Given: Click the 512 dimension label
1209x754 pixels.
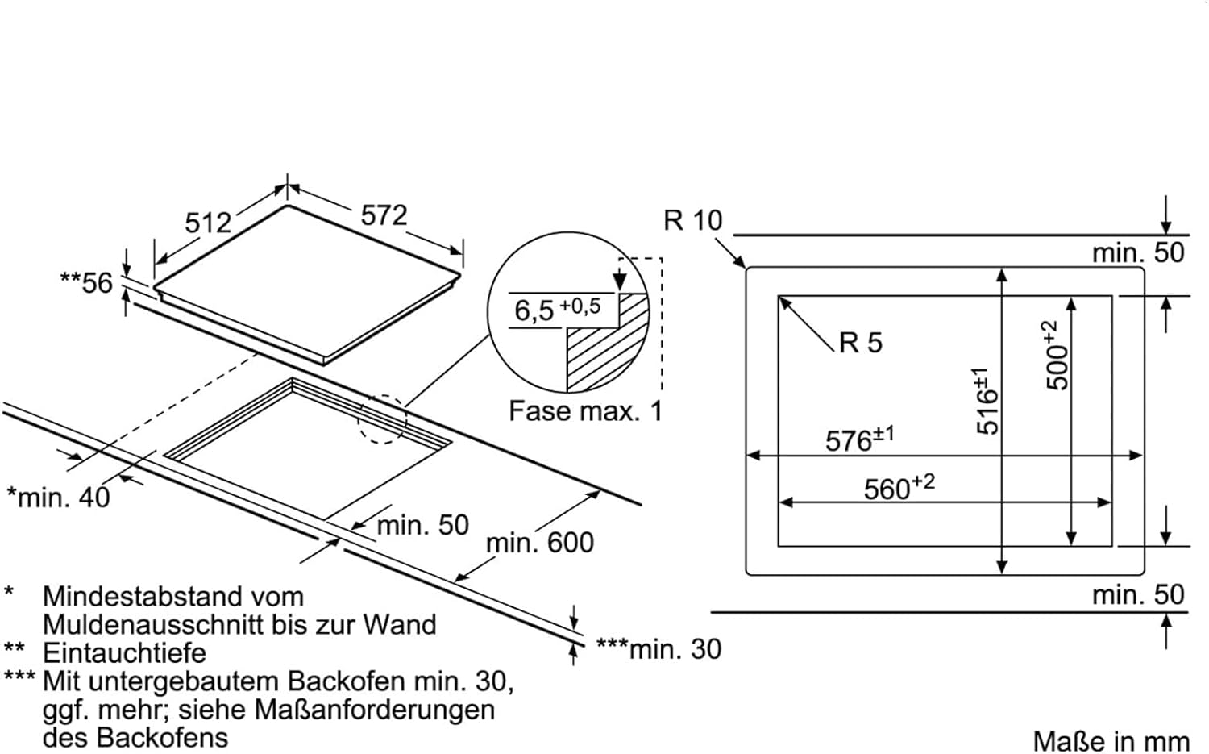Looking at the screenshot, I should [x=208, y=222].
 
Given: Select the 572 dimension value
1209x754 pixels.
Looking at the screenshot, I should [x=384, y=215].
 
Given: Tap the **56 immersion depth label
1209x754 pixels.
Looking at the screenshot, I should [x=87, y=282].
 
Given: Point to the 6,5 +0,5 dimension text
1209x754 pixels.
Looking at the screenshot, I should [x=557, y=309].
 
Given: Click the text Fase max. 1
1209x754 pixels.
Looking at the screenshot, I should [x=585, y=411].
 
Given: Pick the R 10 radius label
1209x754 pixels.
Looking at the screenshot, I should [x=692, y=220].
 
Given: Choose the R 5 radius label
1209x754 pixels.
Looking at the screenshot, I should [x=860, y=343].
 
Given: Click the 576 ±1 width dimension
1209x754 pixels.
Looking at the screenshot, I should [x=859, y=439].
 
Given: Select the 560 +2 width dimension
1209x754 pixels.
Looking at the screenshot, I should [x=899, y=487].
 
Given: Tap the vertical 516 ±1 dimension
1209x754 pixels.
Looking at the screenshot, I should [x=987, y=401].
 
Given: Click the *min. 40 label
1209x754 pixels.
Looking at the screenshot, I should [x=58, y=497].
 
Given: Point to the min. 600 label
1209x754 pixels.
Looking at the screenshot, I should [x=539, y=543].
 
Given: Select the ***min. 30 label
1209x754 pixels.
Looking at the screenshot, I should [x=659, y=648].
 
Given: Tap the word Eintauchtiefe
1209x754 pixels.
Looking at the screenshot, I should [x=124, y=652].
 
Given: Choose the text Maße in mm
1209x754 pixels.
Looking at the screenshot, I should [x=1111, y=741].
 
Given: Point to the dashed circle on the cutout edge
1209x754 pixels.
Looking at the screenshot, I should [x=383, y=419].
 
